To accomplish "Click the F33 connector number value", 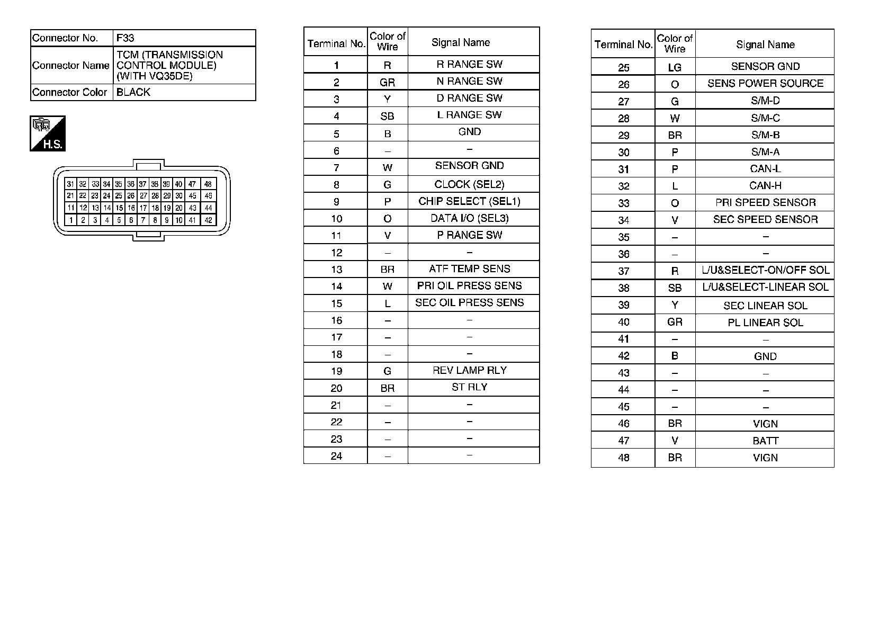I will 125,38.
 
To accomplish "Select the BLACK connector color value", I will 133,92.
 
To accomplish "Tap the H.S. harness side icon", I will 48,133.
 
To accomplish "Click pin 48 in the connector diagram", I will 208,184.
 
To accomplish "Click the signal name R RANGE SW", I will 469,64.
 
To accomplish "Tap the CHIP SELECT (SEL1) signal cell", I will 469,201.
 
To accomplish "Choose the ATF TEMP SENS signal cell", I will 469,269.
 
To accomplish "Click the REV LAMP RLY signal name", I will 469,370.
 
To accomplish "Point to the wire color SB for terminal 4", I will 387,116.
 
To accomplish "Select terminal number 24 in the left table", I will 336,456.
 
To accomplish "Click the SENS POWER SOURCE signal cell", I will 765,83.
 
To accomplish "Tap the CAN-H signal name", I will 765,185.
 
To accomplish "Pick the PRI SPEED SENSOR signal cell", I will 765,202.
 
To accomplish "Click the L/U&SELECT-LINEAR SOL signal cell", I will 765,287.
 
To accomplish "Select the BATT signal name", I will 765,441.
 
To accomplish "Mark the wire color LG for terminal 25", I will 675,67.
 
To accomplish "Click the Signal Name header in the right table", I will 765,44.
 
